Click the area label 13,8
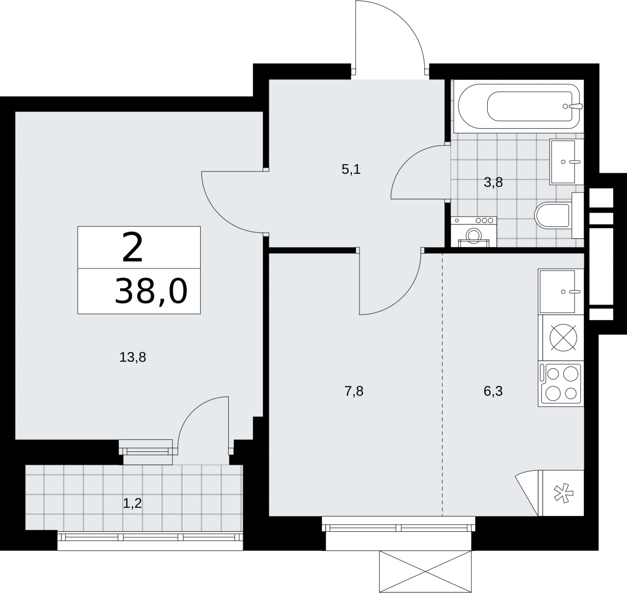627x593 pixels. [133, 357]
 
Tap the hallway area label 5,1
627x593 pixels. [351, 169]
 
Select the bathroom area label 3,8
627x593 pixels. [493, 182]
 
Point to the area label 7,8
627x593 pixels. [354, 391]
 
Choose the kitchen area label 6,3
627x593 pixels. [493, 391]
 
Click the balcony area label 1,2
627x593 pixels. [132, 503]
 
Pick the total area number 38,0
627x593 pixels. [151, 291]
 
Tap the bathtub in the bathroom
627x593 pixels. [519, 107]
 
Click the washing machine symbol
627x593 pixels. [474, 232]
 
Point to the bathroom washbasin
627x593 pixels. [566, 162]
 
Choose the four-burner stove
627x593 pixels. [561, 384]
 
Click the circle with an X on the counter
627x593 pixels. [563, 338]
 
